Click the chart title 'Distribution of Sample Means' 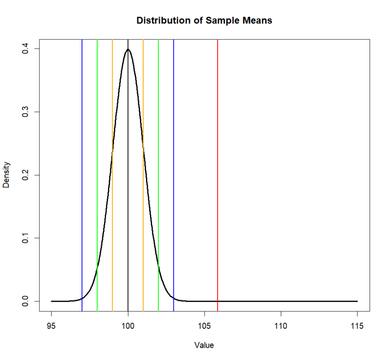point(204,20)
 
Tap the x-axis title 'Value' point(204,345)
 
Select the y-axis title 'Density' point(6,175)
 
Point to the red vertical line point(218,173)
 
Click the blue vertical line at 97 point(82,173)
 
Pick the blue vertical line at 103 point(174,173)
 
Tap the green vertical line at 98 point(97,173)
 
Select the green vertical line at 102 point(159,173)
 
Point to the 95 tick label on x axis point(52,326)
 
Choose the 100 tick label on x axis point(128,326)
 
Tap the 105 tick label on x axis point(205,326)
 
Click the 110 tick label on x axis point(281,326)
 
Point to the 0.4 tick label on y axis point(26,49)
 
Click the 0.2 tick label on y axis point(26,175)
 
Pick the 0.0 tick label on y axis point(26,301)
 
